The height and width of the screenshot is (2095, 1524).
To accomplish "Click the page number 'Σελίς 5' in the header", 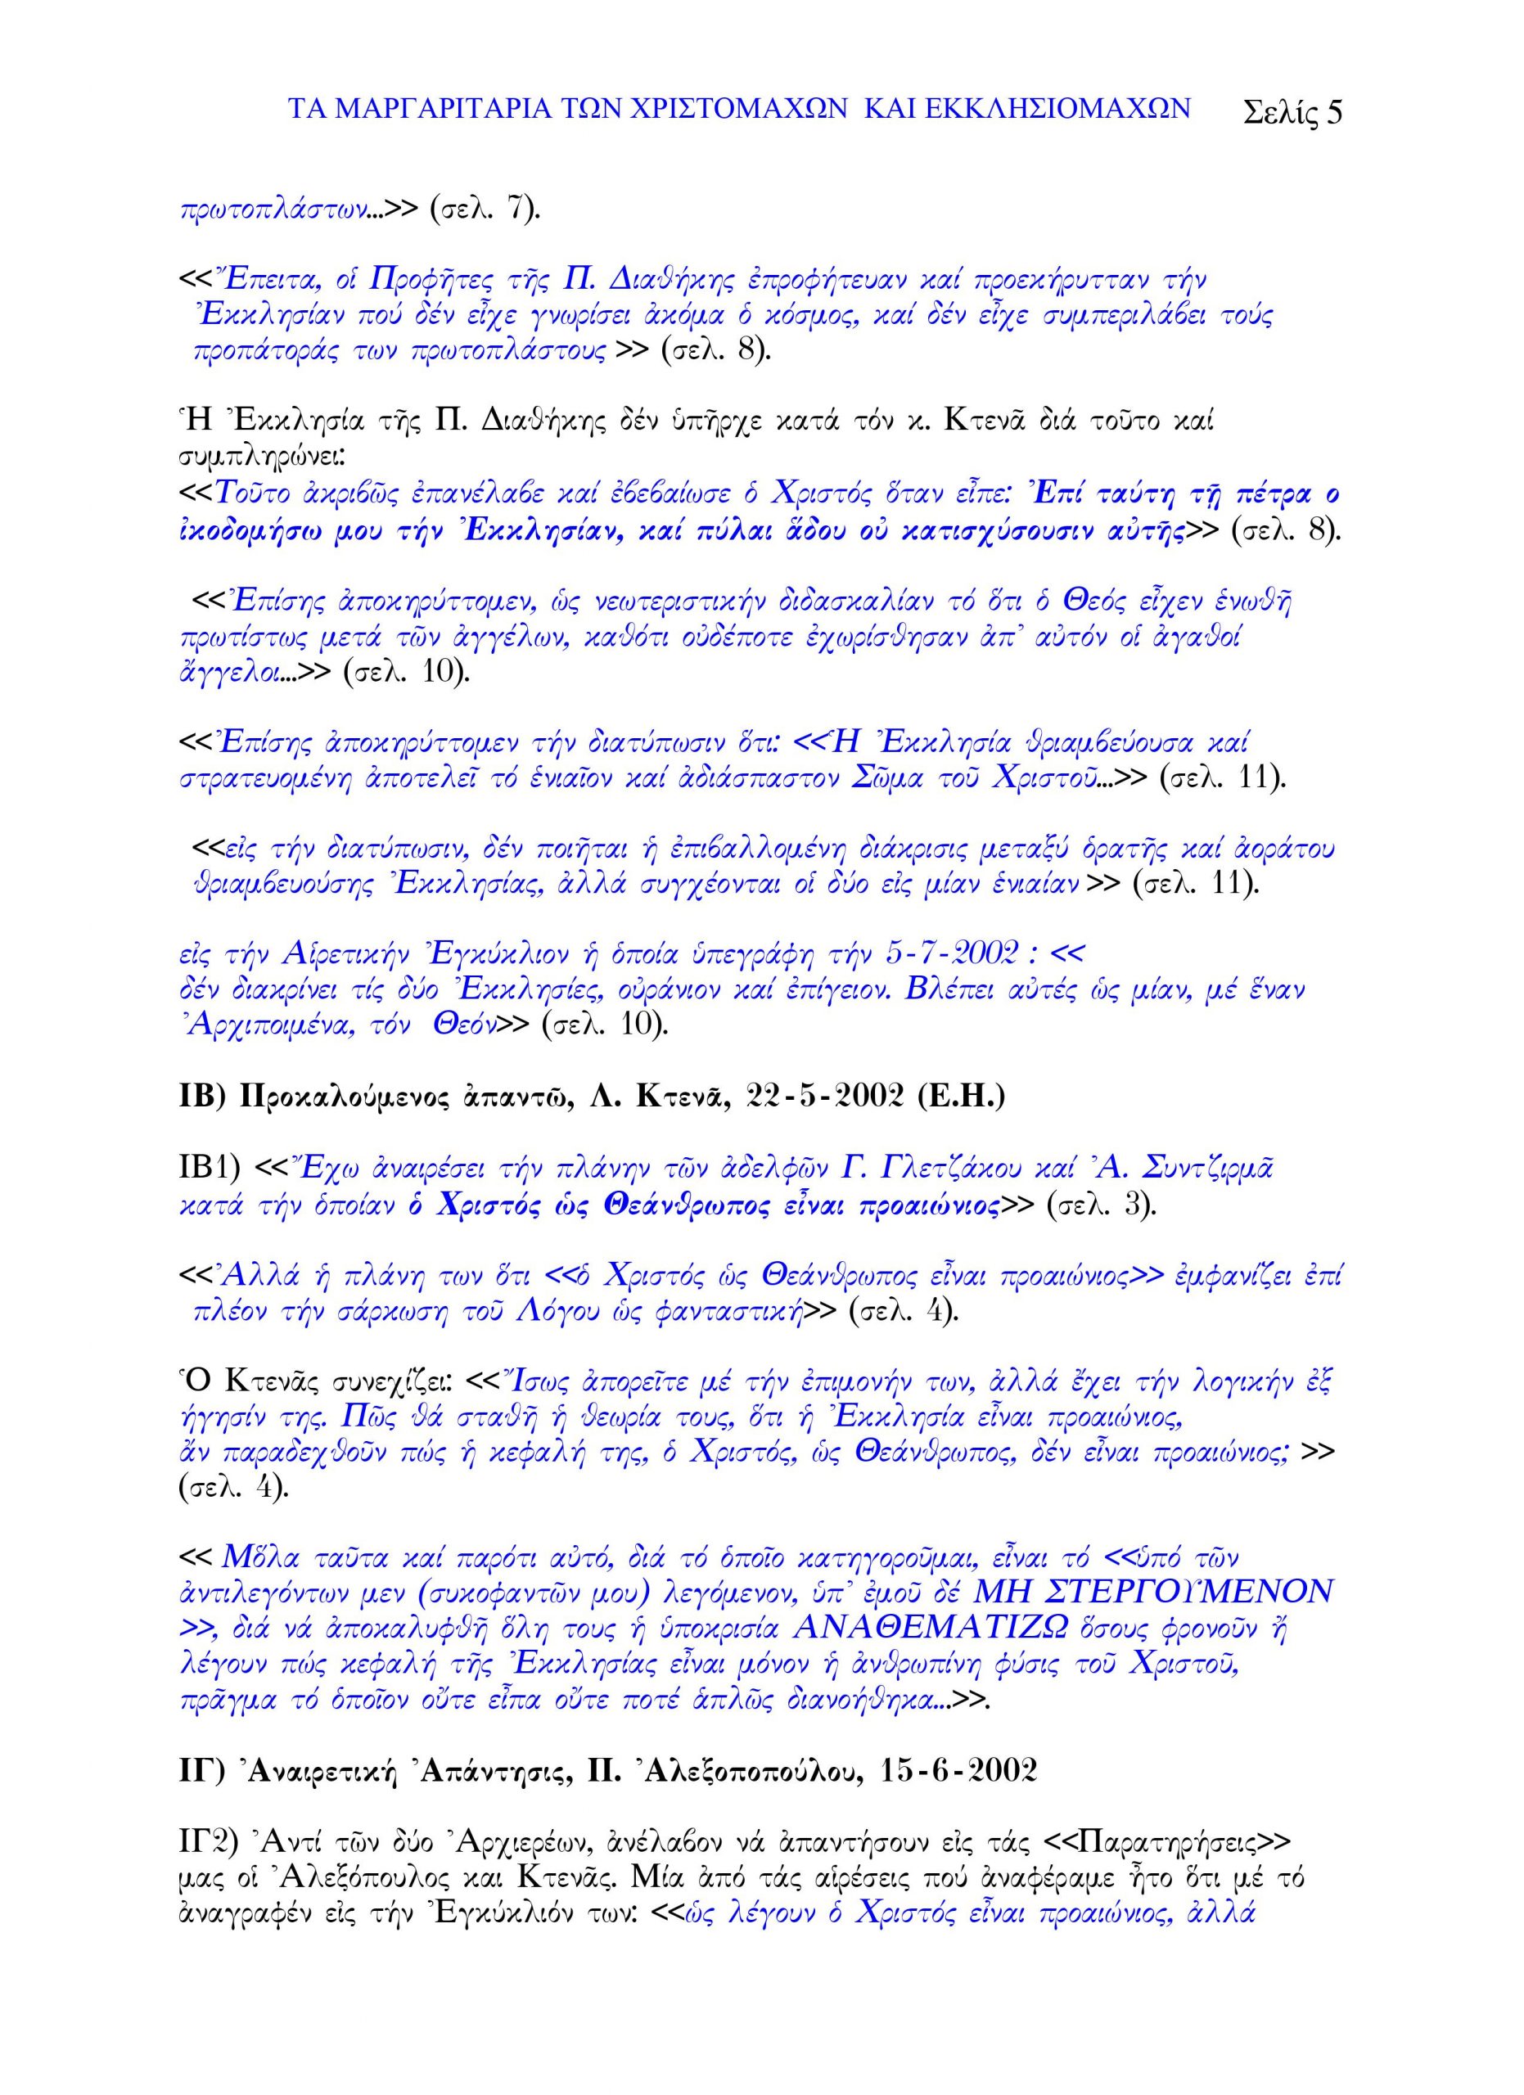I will [1292, 112].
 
